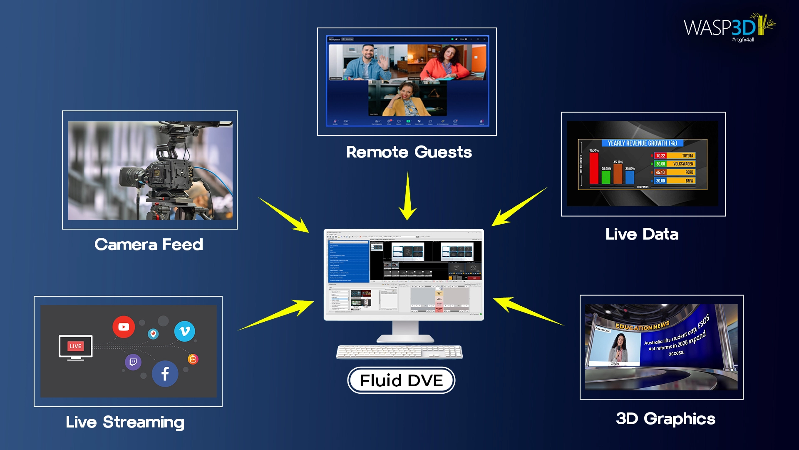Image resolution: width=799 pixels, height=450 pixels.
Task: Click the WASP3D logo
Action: [728, 27]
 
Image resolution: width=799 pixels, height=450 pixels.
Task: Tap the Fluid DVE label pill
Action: [401, 380]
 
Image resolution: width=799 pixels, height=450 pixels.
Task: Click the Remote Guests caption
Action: [409, 152]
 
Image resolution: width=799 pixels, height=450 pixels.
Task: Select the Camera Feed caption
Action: [149, 245]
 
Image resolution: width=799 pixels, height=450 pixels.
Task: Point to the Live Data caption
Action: [642, 234]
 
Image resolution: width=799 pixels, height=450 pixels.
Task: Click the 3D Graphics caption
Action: [665, 419]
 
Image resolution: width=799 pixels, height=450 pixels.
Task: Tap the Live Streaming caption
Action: [125, 422]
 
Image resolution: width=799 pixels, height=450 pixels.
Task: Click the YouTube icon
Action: [124, 327]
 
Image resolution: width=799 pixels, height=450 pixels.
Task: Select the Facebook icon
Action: [165, 374]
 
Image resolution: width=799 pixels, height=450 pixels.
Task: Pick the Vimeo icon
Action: [184, 331]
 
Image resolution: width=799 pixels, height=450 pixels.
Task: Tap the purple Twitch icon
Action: [133, 362]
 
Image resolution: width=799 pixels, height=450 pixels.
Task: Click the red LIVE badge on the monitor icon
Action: [76, 346]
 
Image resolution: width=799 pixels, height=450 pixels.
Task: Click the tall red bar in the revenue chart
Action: [594, 169]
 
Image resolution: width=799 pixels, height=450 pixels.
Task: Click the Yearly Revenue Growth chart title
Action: [642, 143]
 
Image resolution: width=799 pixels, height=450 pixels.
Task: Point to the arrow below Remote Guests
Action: [408, 196]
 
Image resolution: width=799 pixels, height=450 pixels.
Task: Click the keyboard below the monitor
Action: [399, 352]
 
